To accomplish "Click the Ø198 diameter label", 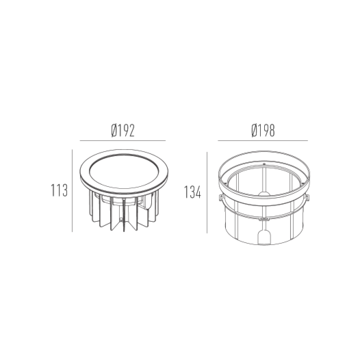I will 263,130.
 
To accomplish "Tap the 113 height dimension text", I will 60,191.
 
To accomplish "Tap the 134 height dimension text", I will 193,192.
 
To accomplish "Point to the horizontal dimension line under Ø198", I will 263,140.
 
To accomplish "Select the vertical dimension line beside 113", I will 73,191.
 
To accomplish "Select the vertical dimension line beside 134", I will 207,192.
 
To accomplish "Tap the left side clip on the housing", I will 220,198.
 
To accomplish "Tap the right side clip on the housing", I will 306,198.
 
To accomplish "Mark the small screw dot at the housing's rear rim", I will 263,165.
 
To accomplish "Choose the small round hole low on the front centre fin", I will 123,221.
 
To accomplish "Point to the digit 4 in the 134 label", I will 200,192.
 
